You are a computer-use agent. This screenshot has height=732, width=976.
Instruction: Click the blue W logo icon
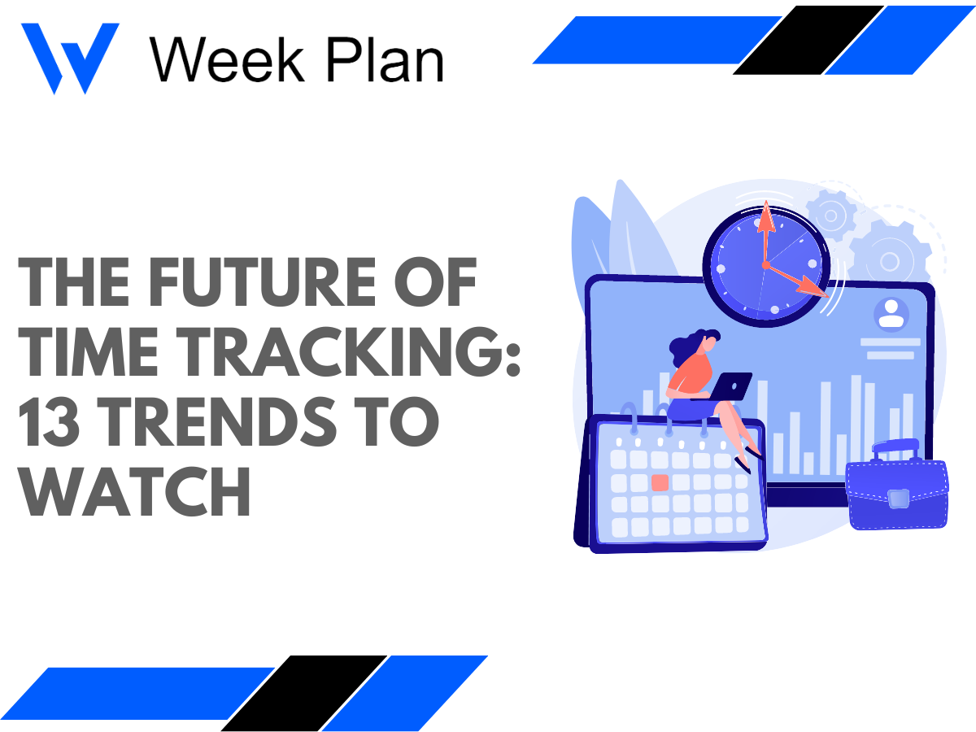69,57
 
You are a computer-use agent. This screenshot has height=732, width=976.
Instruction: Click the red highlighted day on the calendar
660,481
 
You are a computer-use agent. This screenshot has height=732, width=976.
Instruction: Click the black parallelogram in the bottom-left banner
304,692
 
